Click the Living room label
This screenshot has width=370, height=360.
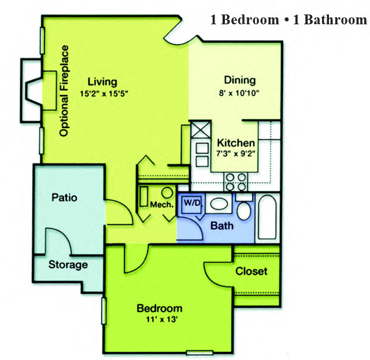(103, 82)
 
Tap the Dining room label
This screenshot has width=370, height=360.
(239, 80)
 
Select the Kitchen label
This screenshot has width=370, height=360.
(235, 143)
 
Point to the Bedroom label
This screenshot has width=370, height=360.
(159, 308)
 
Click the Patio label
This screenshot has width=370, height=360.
(64, 197)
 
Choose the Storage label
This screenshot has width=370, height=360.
(68, 265)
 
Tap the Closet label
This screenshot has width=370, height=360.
(251, 271)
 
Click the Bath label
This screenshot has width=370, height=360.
(221, 225)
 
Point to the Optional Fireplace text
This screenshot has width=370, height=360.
(64, 91)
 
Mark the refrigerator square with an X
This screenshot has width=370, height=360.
(201, 130)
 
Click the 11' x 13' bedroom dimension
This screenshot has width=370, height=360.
(159, 319)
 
